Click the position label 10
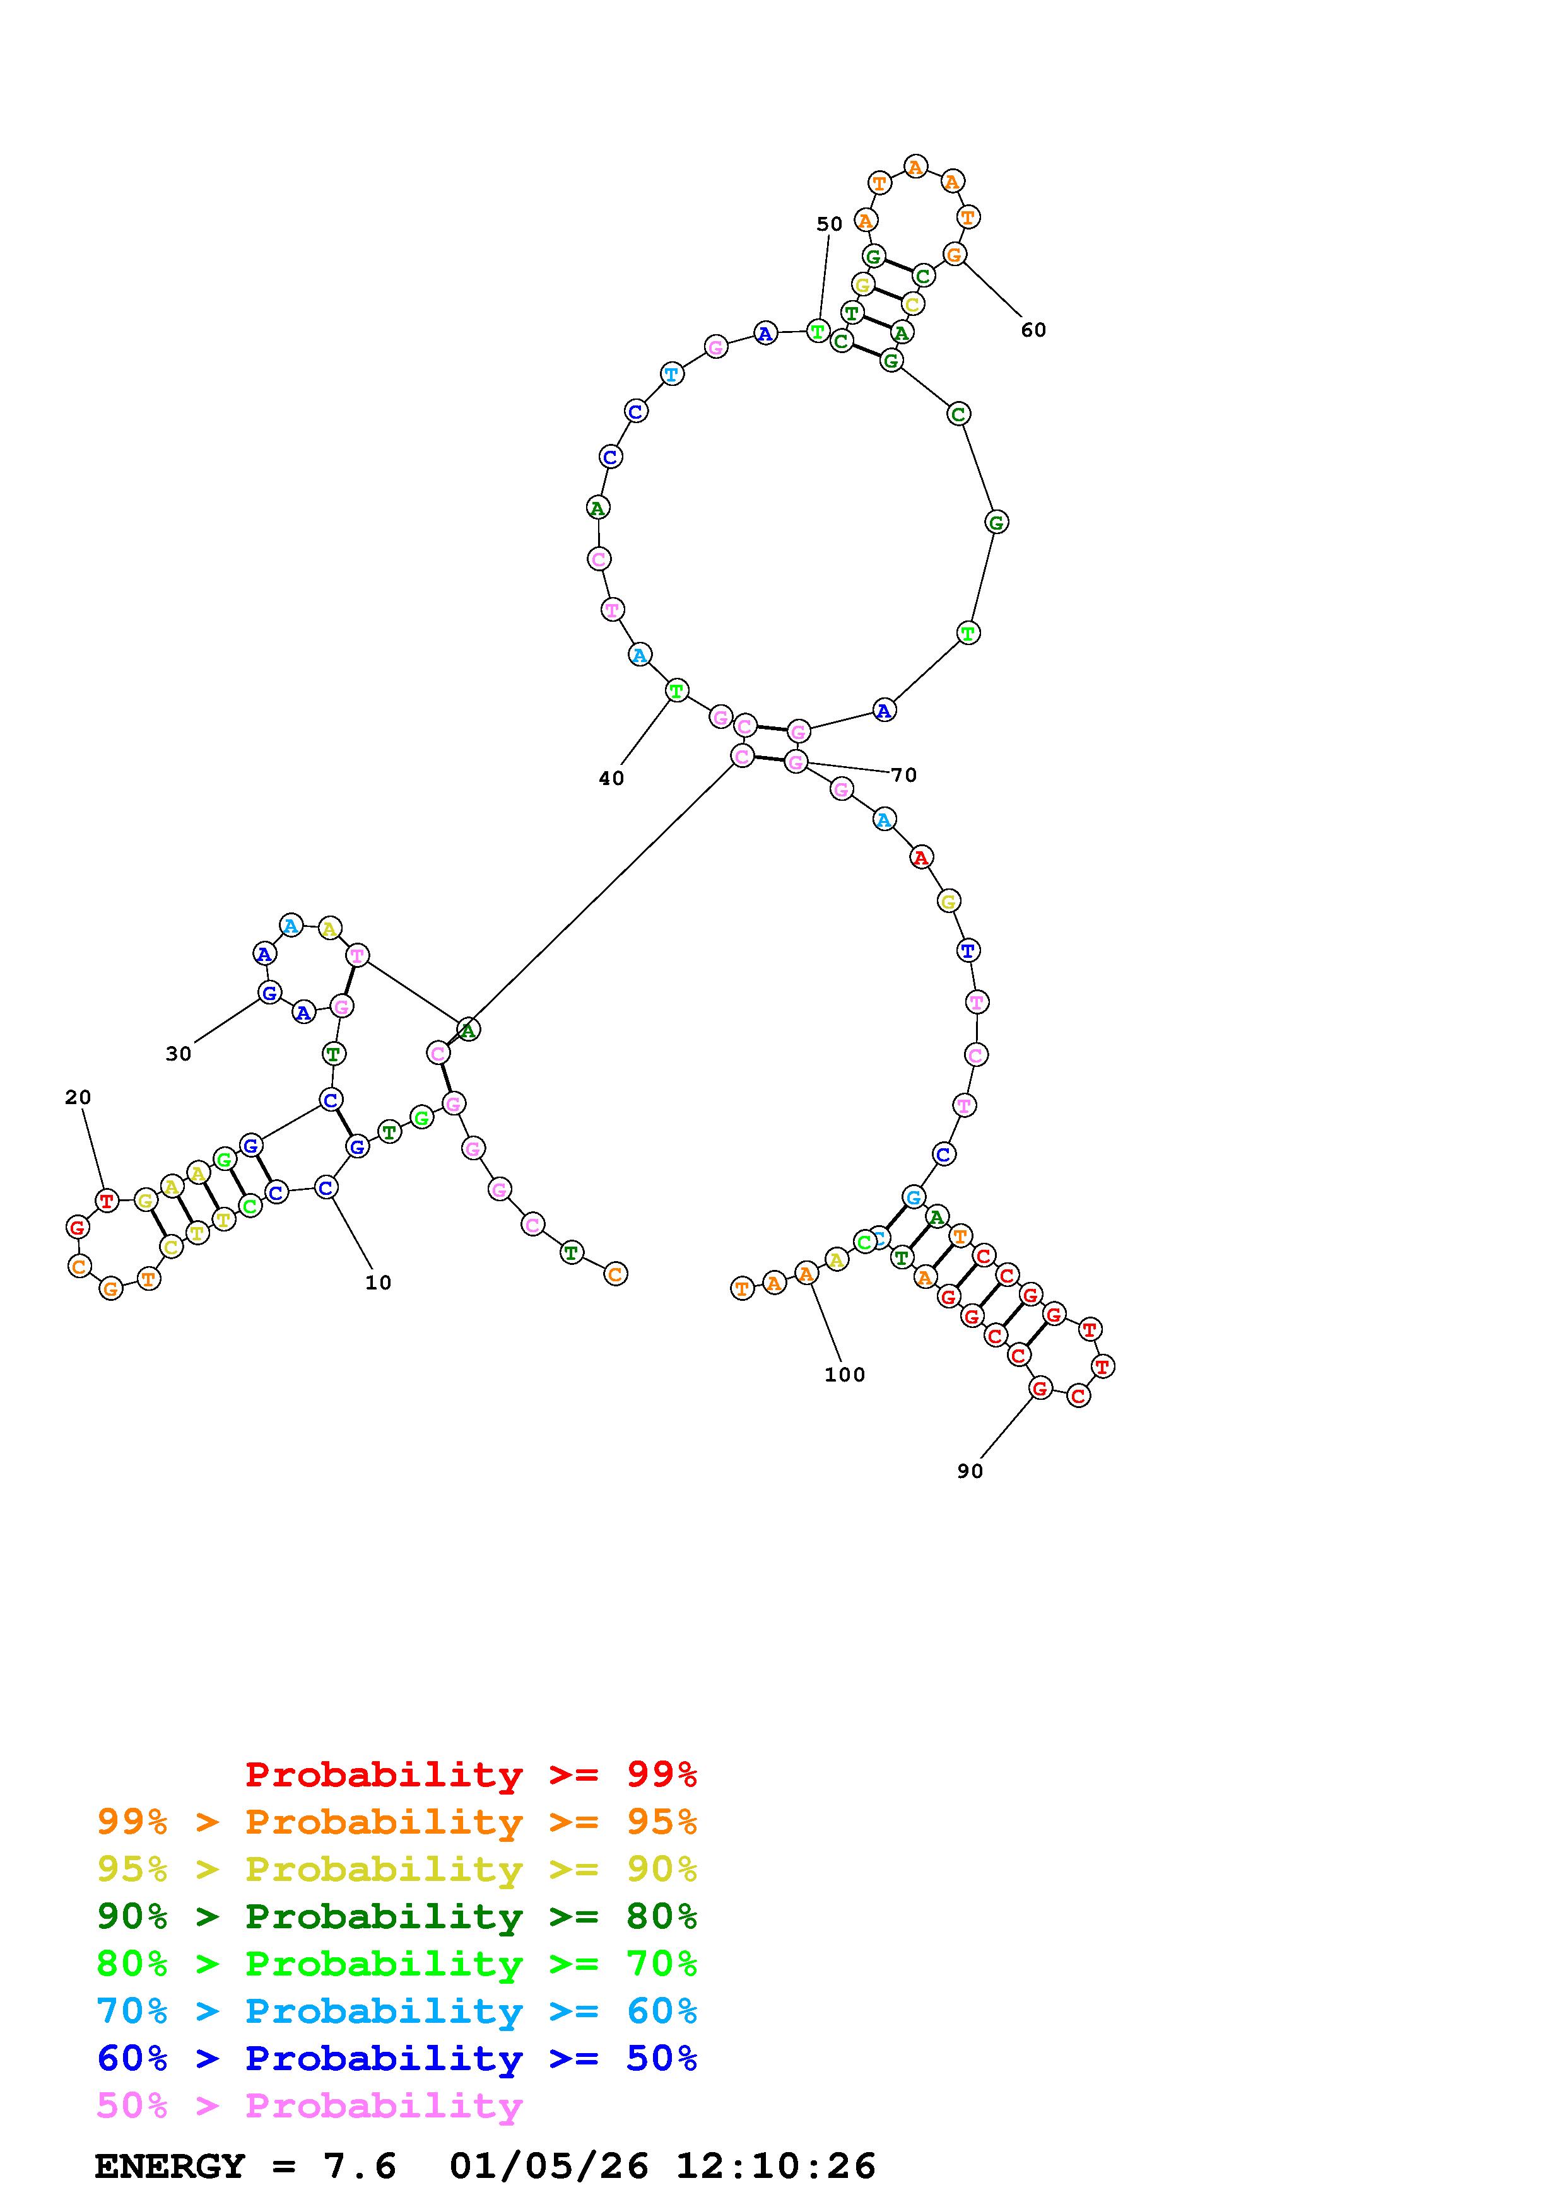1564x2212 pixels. point(378,1283)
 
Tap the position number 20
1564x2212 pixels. point(78,1097)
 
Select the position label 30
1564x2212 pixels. point(179,1054)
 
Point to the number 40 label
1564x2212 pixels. point(611,779)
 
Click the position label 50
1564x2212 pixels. point(829,224)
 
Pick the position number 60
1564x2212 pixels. point(1033,330)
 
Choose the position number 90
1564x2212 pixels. point(970,1471)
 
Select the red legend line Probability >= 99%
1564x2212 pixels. point(471,1774)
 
